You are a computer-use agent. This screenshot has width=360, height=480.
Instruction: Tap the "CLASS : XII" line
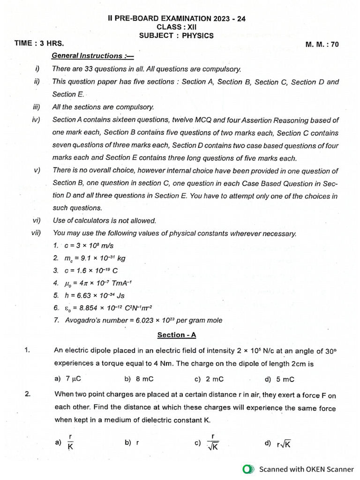pyautogui.click(x=176, y=27)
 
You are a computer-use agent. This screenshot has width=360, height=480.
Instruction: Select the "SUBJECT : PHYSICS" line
pyautogui.click(x=176, y=36)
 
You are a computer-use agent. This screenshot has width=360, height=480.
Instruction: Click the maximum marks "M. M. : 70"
pyautogui.click(x=322, y=45)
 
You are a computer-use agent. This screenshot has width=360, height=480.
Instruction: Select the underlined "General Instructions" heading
pyautogui.click(x=93, y=56)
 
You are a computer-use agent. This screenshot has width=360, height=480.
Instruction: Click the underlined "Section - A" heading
pyautogui.click(x=176, y=335)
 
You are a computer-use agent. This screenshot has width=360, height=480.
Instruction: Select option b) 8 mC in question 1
pyautogui.click(x=139, y=379)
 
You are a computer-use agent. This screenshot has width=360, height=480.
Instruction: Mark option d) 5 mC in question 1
pyautogui.click(x=279, y=379)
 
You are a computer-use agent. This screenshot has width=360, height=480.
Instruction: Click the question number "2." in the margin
pyautogui.click(x=28, y=394)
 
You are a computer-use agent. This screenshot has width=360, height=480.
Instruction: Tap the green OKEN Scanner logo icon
pyautogui.click(x=248, y=469)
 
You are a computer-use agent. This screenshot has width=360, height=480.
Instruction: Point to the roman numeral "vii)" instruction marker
pyautogui.click(x=36, y=233)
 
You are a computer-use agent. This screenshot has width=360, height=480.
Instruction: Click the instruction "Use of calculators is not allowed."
pyautogui.click(x=105, y=220)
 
